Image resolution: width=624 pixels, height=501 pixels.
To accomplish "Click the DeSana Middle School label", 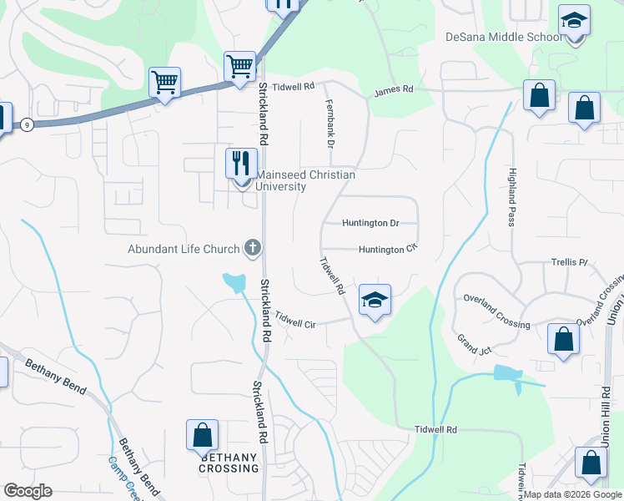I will (x=504, y=37).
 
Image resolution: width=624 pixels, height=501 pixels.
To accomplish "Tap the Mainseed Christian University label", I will (x=305, y=180).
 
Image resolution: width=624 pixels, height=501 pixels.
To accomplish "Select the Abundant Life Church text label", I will (x=184, y=248).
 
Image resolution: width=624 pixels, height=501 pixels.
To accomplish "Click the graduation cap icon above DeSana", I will (x=574, y=20).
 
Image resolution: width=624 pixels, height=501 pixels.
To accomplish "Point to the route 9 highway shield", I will (x=28, y=124).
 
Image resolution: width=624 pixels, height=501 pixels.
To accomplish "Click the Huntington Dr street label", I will (x=371, y=223).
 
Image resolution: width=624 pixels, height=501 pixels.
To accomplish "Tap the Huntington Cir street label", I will (x=387, y=249).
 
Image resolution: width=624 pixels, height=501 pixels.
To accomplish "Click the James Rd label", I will (x=394, y=89).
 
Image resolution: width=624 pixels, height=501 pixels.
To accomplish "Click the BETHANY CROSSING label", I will (x=229, y=463).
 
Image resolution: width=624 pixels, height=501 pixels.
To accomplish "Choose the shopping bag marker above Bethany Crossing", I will (x=202, y=435).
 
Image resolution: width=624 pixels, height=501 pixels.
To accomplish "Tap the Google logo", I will (x=28, y=490).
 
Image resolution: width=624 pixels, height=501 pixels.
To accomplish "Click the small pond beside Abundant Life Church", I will (x=235, y=281).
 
